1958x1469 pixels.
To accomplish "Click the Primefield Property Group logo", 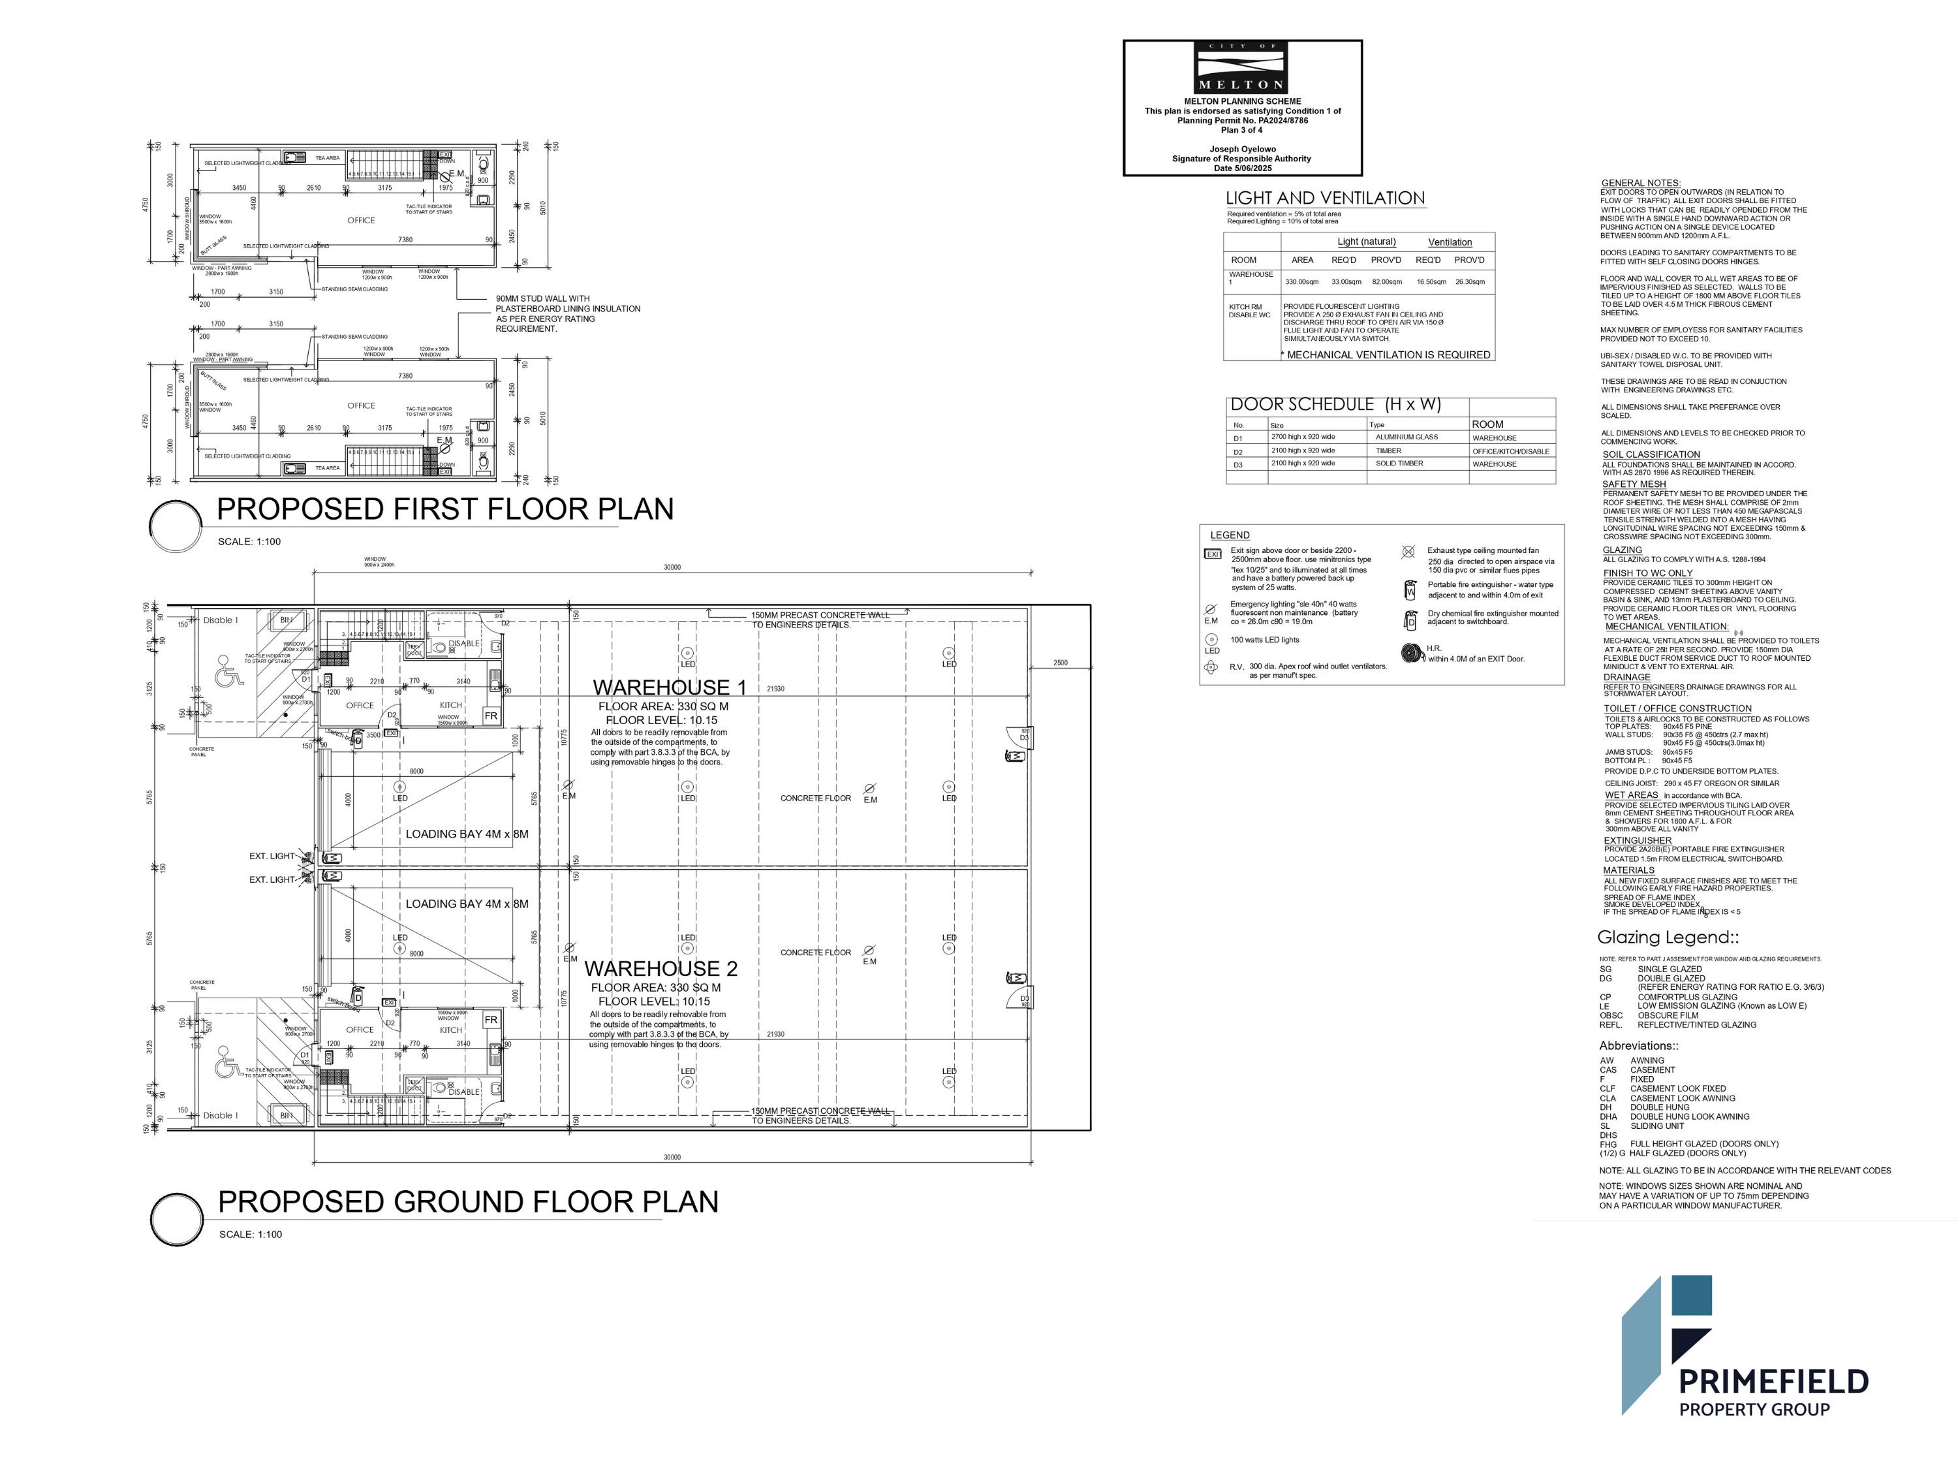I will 1744,1346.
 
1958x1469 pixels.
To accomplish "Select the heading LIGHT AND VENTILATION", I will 1324,198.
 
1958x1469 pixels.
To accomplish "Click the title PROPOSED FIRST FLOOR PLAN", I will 444,509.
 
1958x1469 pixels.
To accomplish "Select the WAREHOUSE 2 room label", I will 660,969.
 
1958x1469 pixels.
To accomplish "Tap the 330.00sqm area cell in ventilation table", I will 1301,281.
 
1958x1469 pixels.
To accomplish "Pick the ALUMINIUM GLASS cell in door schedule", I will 1406,437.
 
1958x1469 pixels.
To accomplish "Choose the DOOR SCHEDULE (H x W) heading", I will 1335,405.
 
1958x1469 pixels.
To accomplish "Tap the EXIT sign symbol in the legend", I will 1212,554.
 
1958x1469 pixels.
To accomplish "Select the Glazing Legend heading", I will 1668,938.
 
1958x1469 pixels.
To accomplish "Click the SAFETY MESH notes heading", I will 1633,484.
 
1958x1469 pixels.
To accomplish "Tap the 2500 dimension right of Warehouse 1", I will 1061,662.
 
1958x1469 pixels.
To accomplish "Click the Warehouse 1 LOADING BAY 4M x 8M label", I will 467,834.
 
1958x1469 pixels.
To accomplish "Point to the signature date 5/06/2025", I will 1242,168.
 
